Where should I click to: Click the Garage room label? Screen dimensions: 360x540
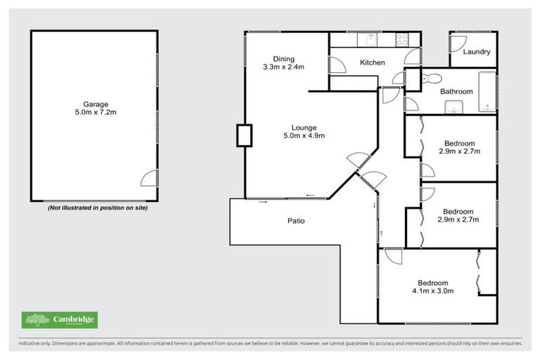click(95, 104)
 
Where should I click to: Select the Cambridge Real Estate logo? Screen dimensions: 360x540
click(59, 320)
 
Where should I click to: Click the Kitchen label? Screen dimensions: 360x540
click(372, 63)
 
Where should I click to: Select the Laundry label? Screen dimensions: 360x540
click(476, 52)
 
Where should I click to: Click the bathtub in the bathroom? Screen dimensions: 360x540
click(487, 91)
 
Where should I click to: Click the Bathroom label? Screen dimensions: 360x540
click(456, 91)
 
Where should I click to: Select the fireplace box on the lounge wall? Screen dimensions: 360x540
click(244, 135)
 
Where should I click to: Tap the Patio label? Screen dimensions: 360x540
click(295, 221)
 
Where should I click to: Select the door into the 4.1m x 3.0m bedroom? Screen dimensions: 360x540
click(392, 256)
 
